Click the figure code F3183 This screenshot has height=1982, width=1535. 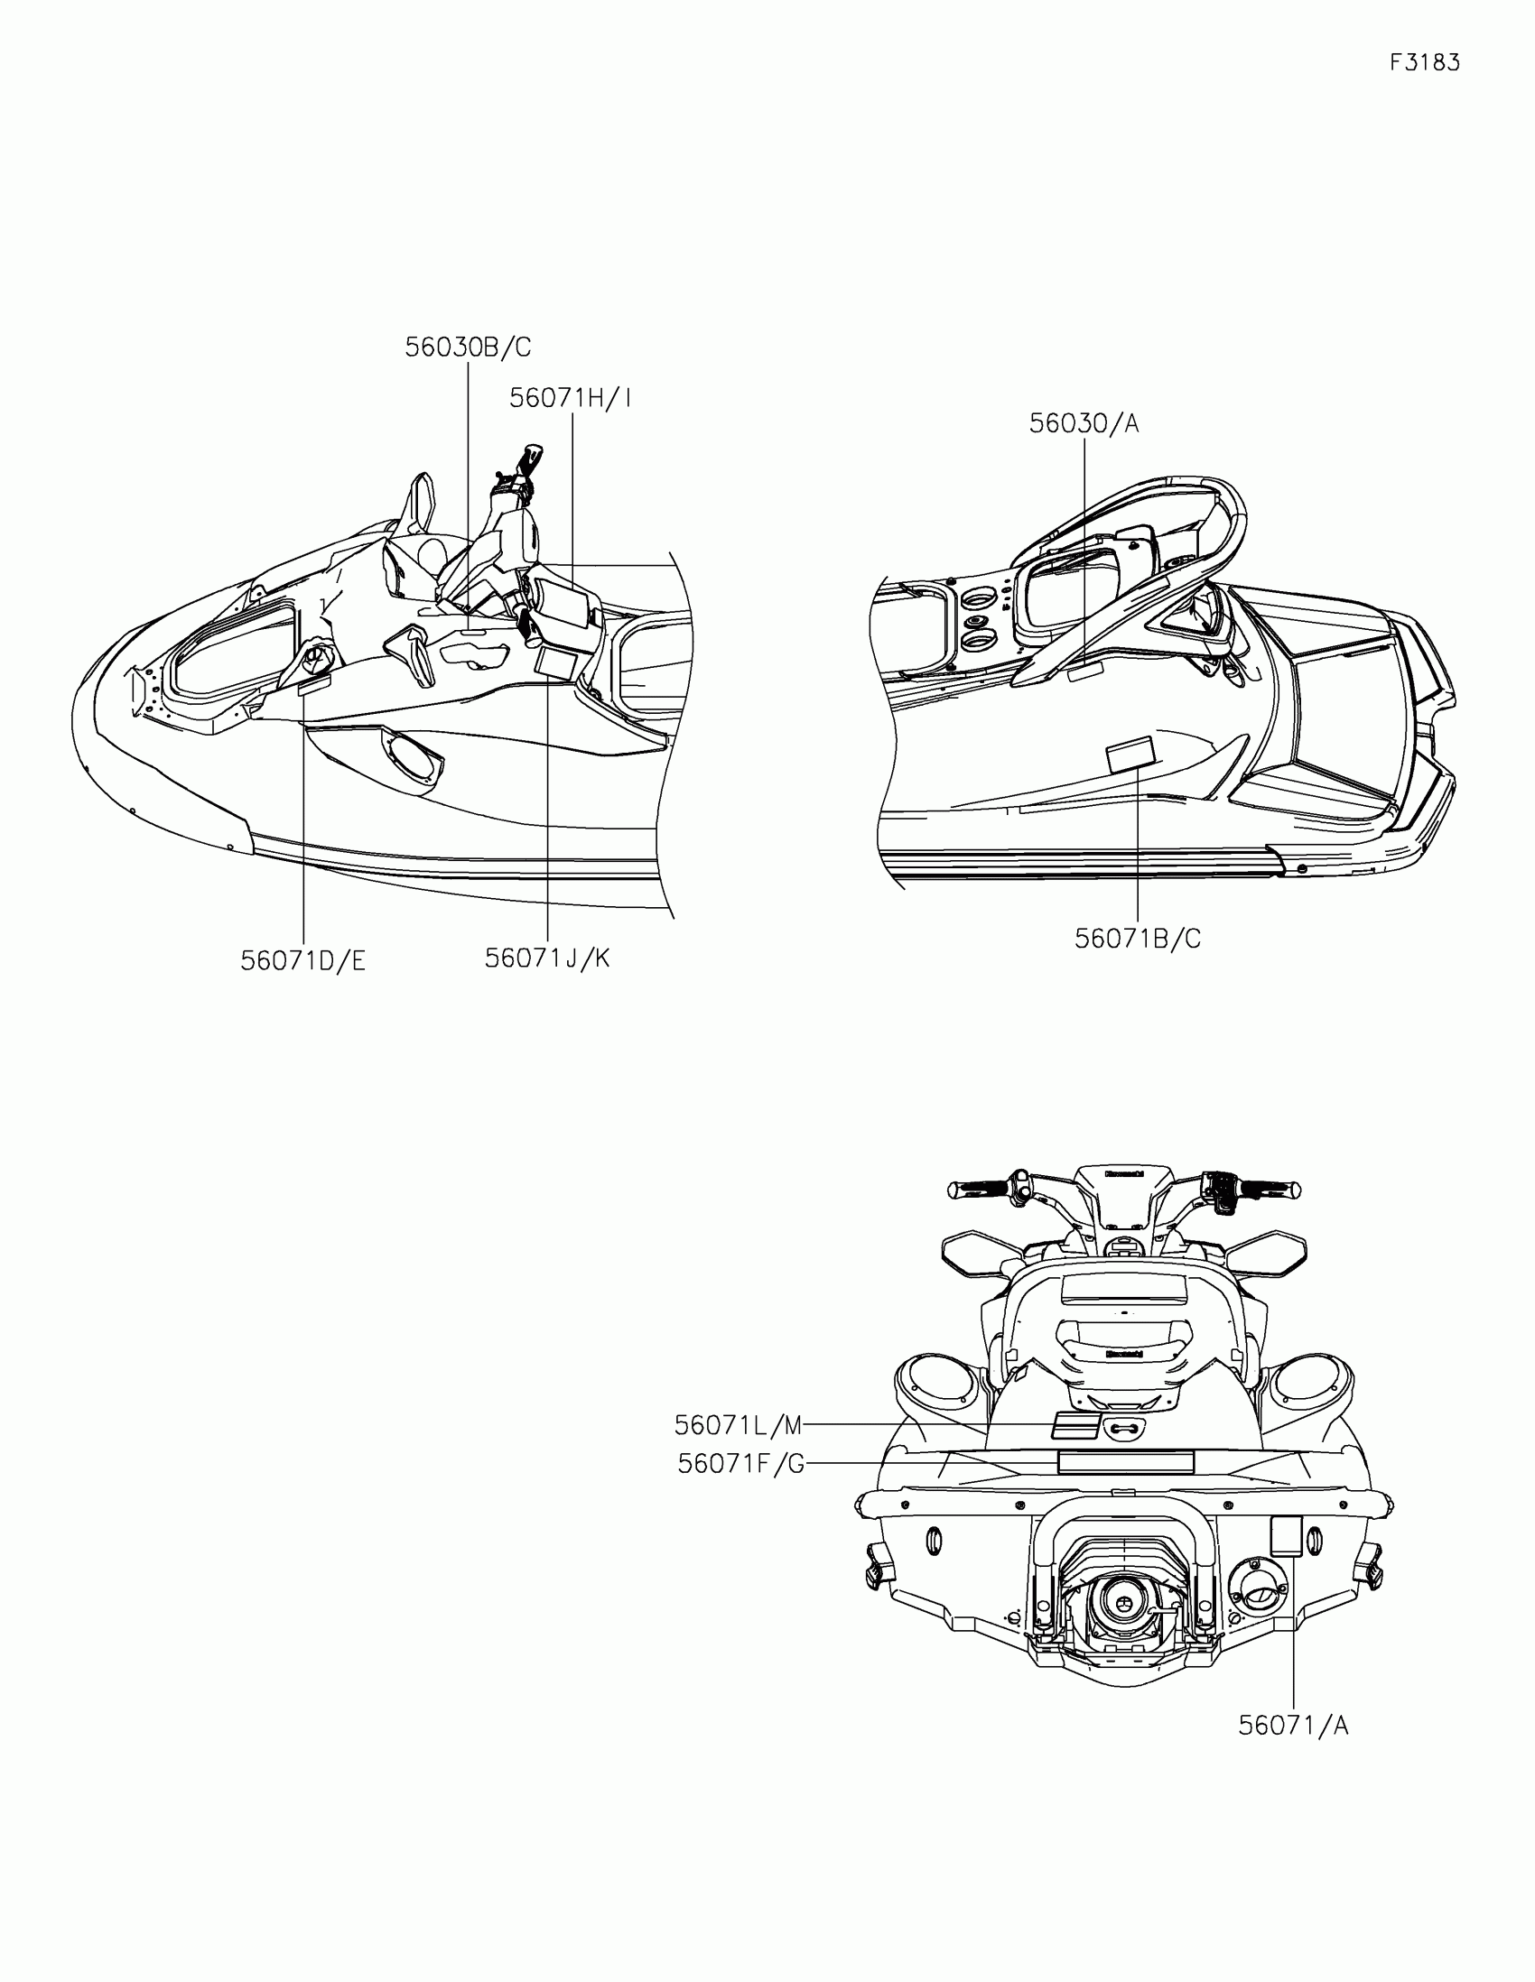(x=1424, y=62)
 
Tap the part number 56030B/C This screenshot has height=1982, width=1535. (x=468, y=347)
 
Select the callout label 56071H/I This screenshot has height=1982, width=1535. (x=569, y=397)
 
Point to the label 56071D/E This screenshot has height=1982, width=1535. (x=302, y=961)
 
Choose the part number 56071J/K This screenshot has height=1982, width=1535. (x=546, y=958)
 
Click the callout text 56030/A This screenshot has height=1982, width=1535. (x=1083, y=423)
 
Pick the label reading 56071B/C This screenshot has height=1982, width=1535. (x=1138, y=939)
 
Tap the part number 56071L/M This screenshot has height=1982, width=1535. (x=738, y=1426)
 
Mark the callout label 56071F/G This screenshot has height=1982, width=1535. (x=740, y=1464)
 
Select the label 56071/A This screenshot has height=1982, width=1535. (x=1293, y=1725)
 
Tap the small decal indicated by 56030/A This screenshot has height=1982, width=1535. (x=1084, y=671)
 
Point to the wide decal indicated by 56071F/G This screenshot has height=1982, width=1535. (x=1125, y=1462)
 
